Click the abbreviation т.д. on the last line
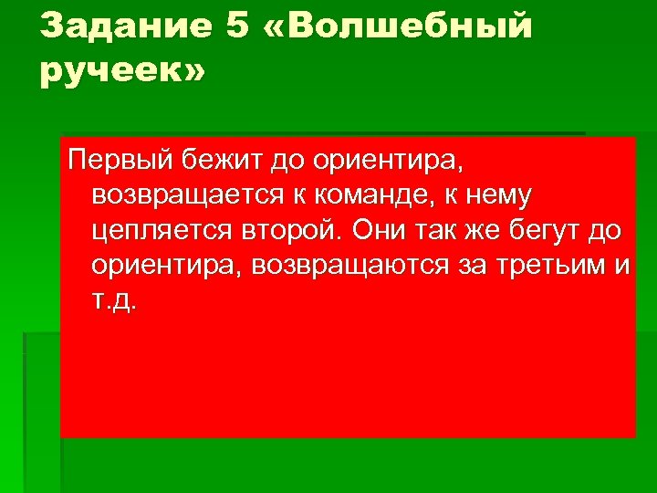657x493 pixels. pyautogui.click(x=115, y=300)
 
